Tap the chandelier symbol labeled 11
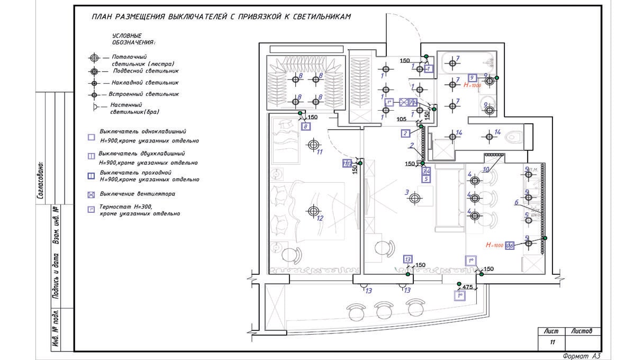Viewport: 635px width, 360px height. (x=314, y=144)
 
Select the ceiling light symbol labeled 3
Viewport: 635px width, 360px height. (x=415, y=198)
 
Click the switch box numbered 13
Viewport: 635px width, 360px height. (x=407, y=259)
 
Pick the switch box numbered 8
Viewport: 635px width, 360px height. (x=305, y=127)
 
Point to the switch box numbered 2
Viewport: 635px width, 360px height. (x=405, y=133)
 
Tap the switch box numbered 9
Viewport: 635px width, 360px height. (x=473, y=78)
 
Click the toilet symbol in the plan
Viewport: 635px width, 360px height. (x=513, y=138)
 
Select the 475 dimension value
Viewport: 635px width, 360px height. (x=467, y=287)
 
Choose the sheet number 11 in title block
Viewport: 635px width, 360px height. (x=552, y=343)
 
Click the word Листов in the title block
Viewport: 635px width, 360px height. (x=582, y=331)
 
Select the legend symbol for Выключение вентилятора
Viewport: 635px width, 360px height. (x=92, y=195)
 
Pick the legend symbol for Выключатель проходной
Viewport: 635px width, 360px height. (x=92, y=176)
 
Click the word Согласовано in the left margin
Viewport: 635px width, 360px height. (x=40, y=181)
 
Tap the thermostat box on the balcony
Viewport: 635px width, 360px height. (x=460, y=296)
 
